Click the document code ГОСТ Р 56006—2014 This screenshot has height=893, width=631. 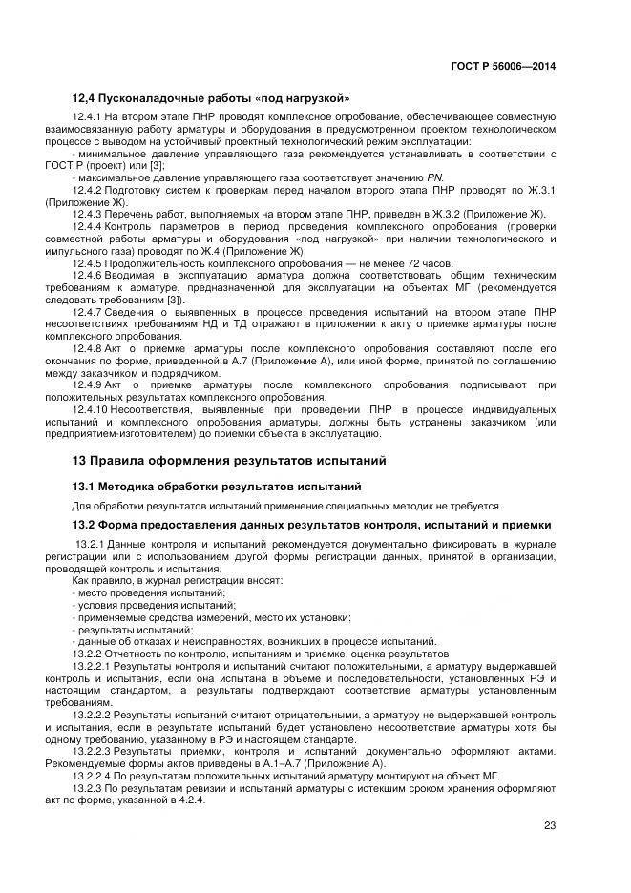(502, 66)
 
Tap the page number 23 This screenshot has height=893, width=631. (550, 826)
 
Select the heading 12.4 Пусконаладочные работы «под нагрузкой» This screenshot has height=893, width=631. (211, 98)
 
